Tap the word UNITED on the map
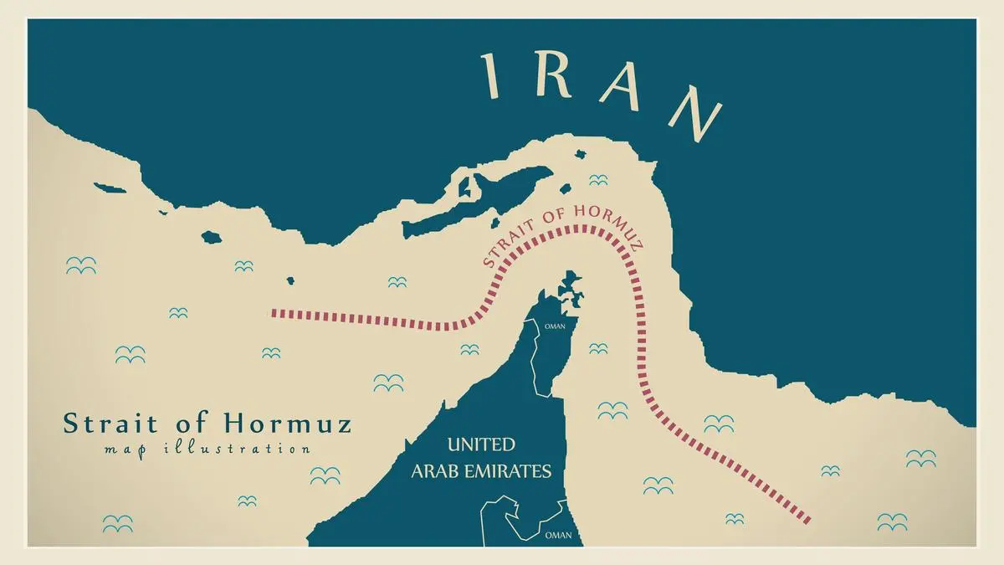click(481, 444)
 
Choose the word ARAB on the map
click(438, 471)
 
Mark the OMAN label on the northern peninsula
click(555, 326)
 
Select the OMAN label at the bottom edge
click(559, 534)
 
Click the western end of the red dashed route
click(274, 314)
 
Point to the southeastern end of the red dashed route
click(807, 520)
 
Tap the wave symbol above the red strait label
click(597, 180)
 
